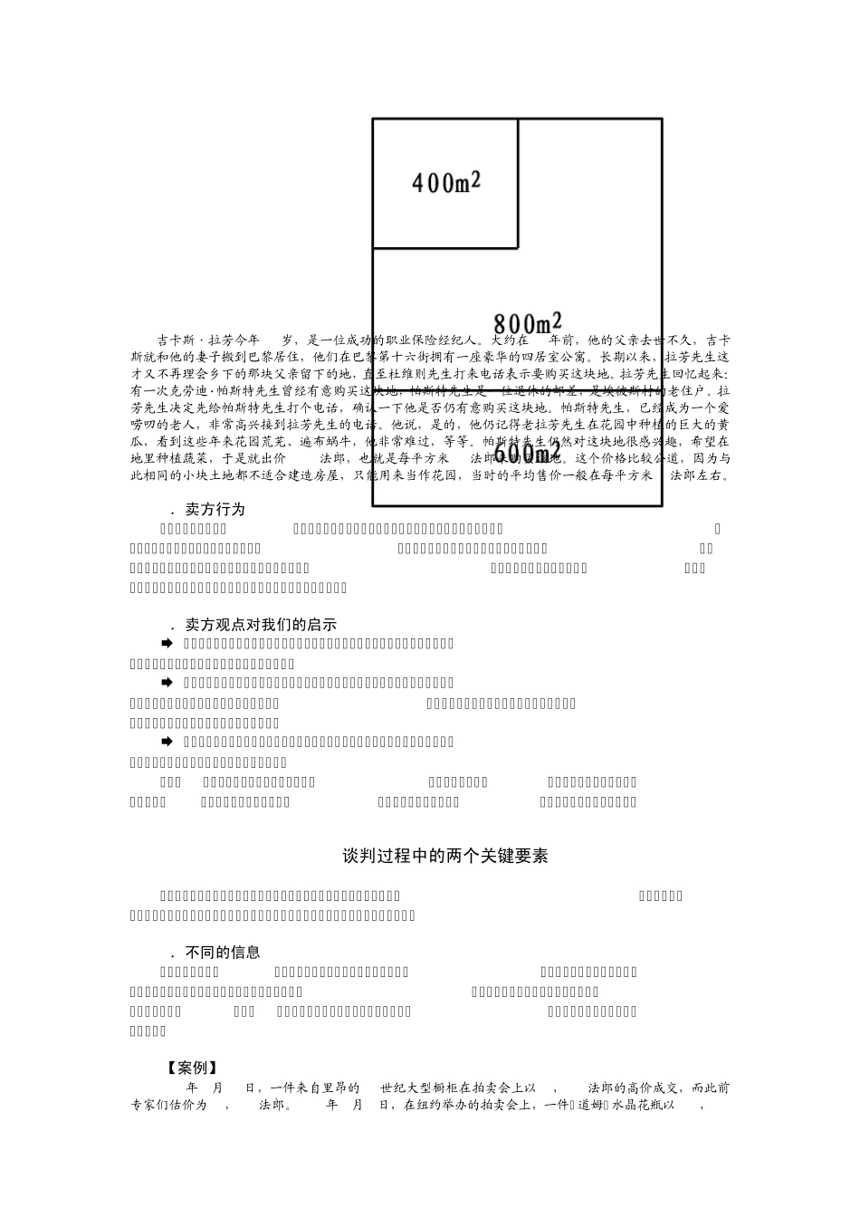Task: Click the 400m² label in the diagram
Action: pos(446,182)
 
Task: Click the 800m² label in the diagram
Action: pos(527,323)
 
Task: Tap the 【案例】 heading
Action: pos(193,1068)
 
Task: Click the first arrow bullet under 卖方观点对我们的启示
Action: pos(167,643)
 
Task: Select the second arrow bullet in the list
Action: pos(167,682)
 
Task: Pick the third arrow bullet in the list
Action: pos(167,742)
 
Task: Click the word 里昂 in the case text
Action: pos(349,1088)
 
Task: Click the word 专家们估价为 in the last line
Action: pos(168,1106)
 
